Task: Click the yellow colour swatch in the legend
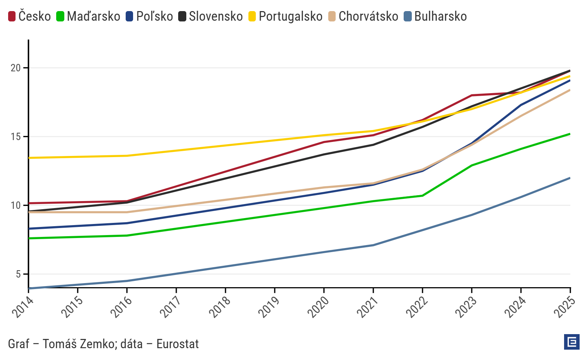click(x=252, y=16)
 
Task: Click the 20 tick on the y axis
click(x=16, y=68)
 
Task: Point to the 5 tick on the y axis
click(x=18, y=274)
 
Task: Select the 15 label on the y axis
click(x=16, y=137)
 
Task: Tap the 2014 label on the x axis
click(x=23, y=307)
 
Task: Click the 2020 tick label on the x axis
click(x=318, y=307)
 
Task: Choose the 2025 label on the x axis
click(x=564, y=307)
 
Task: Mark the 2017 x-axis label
click(x=170, y=307)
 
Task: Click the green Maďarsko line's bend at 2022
click(x=423, y=196)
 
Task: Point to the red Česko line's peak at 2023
click(x=472, y=95)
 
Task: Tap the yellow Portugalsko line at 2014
click(x=30, y=158)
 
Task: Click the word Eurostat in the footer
click(x=177, y=344)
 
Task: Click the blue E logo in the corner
click(x=571, y=342)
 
